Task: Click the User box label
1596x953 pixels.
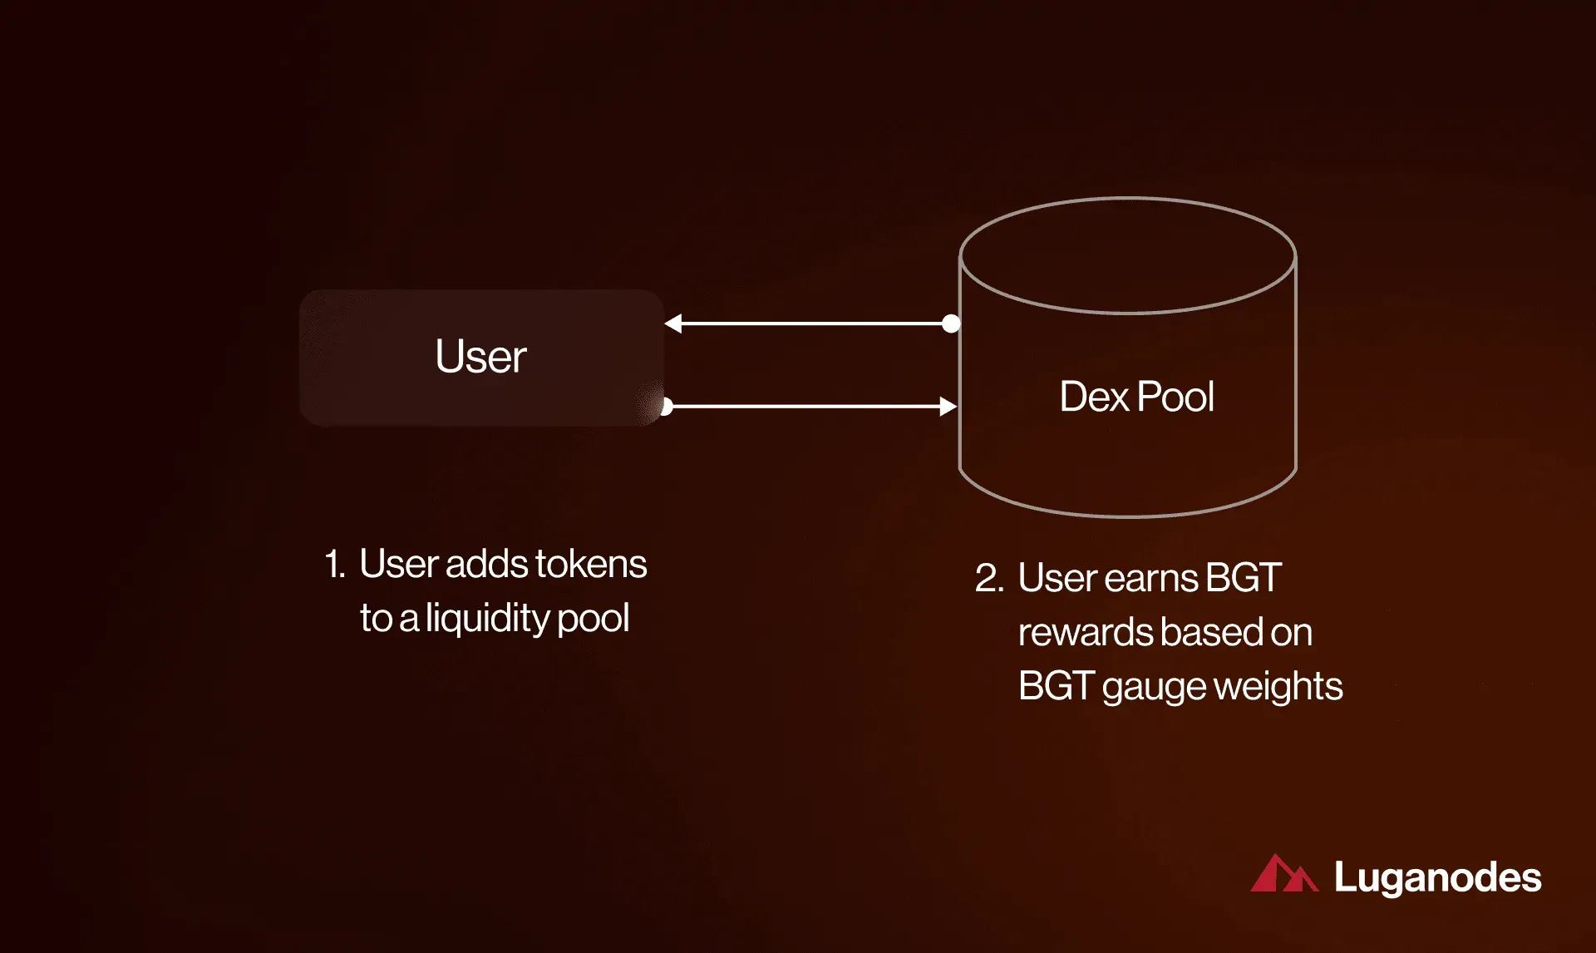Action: pos(480,357)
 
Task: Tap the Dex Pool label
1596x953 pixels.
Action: pos(1136,397)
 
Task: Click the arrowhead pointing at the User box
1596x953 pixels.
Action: pos(673,323)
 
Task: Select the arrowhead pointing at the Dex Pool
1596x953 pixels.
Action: pos(948,407)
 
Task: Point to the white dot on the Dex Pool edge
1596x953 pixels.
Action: pos(951,323)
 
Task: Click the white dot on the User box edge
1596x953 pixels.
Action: pos(666,407)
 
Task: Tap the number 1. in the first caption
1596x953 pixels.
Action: pos(334,564)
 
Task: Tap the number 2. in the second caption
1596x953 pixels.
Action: pos(989,578)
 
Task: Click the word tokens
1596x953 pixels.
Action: pos(591,564)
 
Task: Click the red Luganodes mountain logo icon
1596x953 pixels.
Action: pos(1284,873)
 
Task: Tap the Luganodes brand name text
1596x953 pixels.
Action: pos(1438,878)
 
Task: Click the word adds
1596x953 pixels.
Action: pos(487,564)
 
